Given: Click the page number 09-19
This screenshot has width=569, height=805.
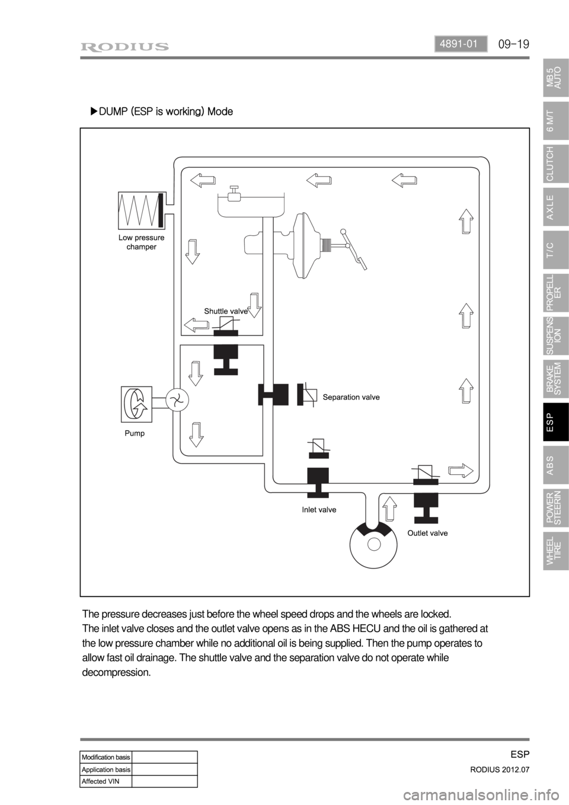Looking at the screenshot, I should click(x=513, y=44).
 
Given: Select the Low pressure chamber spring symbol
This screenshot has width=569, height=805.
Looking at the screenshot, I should click(x=141, y=210).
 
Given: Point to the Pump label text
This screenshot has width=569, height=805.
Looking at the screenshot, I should click(x=135, y=433).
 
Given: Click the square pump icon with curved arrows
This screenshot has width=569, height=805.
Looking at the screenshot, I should click(x=136, y=404).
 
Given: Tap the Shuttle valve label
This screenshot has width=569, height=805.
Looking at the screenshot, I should click(x=225, y=311).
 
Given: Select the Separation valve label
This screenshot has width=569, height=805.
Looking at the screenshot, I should click(x=351, y=397).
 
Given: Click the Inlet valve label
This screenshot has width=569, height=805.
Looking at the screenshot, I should click(x=319, y=509).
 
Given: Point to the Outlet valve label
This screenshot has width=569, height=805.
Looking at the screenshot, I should click(x=427, y=533).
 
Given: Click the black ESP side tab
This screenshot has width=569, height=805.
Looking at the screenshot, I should click(x=555, y=422).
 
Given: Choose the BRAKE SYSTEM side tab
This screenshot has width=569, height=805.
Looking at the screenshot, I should click(x=555, y=379).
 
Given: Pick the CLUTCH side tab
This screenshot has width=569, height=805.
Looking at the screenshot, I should click(x=555, y=163).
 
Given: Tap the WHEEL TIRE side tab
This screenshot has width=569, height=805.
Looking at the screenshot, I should click(x=555, y=551).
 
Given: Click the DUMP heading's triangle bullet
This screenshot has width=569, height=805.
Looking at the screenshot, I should click(x=93, y=111).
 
